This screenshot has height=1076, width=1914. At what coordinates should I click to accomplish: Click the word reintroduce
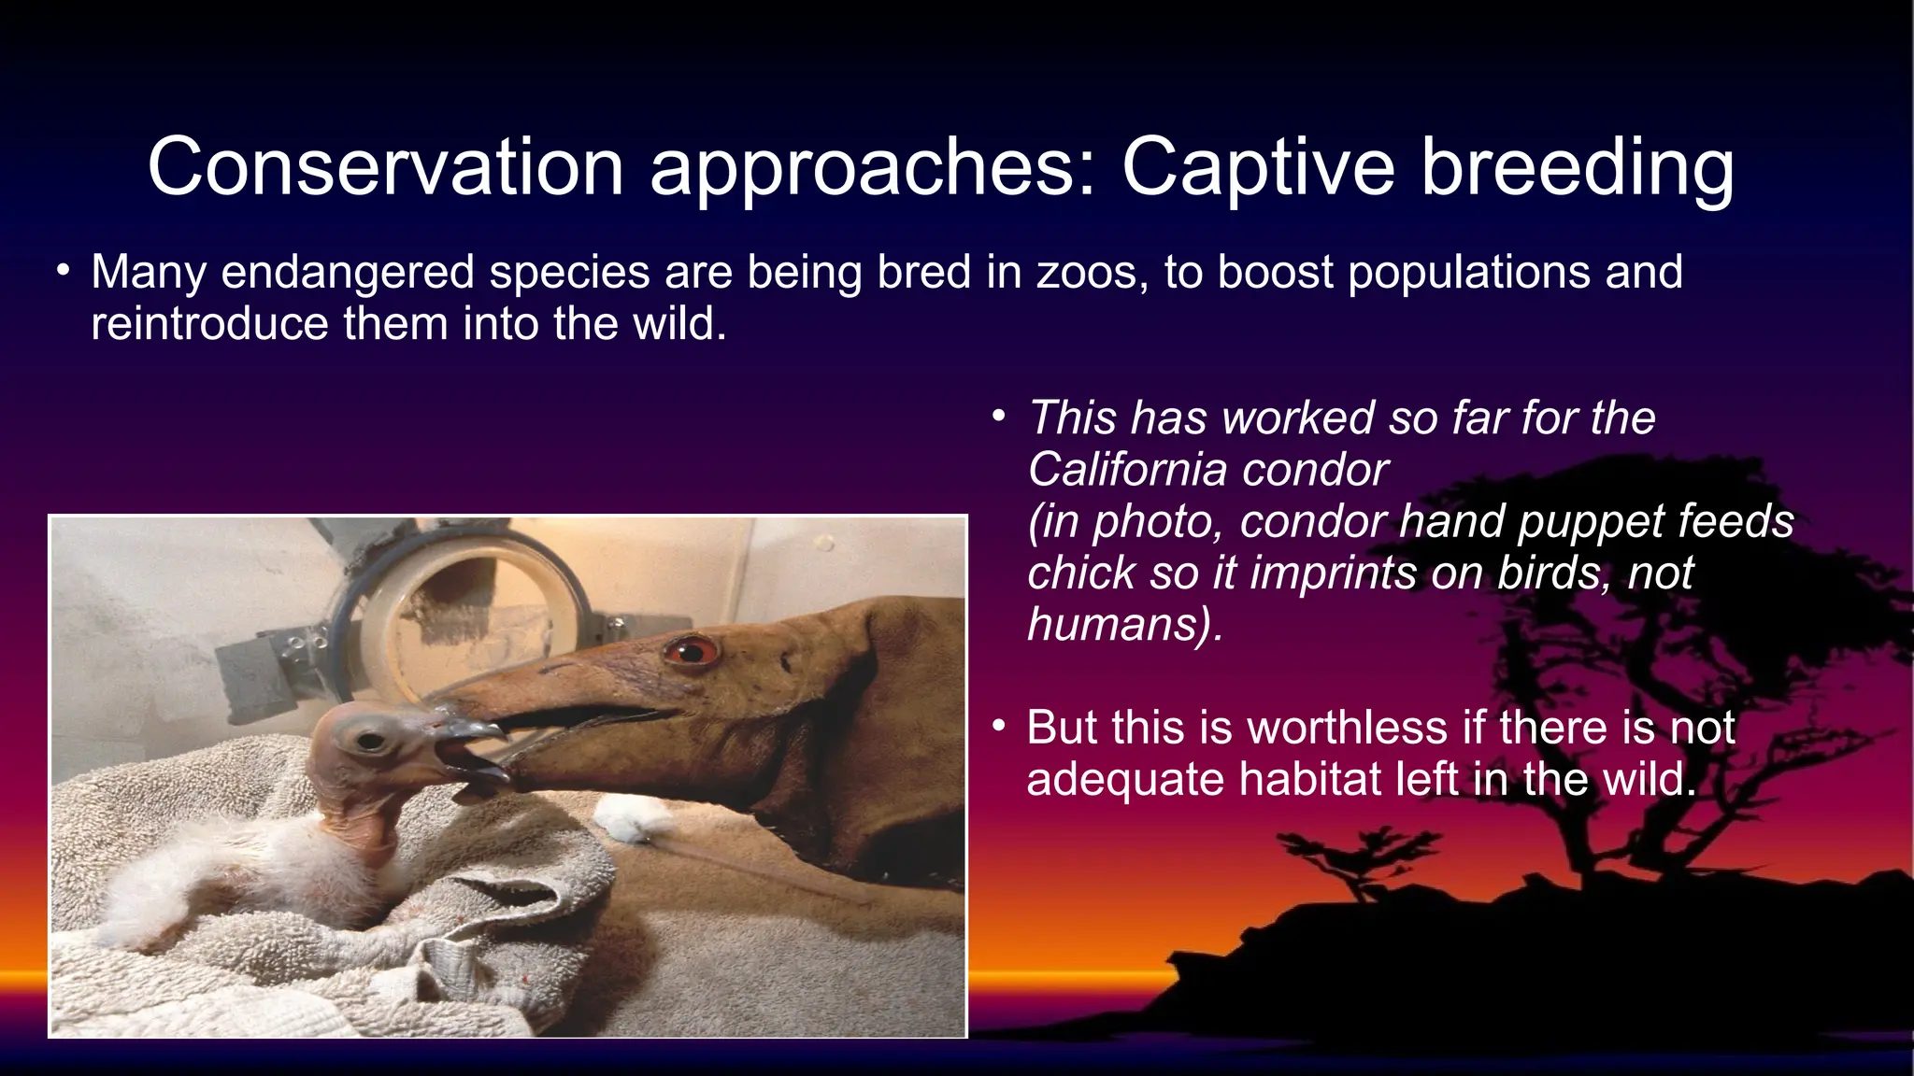coord(209,324)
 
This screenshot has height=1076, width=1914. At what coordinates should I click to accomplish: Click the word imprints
coord(1334,573)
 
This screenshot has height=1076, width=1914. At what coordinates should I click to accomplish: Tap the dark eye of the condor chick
coord(371,742)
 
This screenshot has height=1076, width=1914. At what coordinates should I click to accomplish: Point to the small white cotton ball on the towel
coord(624,818)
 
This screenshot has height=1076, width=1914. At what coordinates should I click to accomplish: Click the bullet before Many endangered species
coord(63,272)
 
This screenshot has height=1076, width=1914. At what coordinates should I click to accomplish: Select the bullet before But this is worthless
coord(999,726)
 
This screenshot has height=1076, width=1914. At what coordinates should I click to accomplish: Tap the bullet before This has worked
coord(999,417)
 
